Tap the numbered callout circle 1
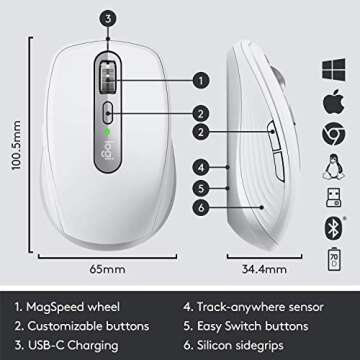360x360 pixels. pos(201,77)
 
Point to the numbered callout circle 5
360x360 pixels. pos(201,186)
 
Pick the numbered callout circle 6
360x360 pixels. pos(201,206)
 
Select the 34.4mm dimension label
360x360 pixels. pos(259,268)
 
